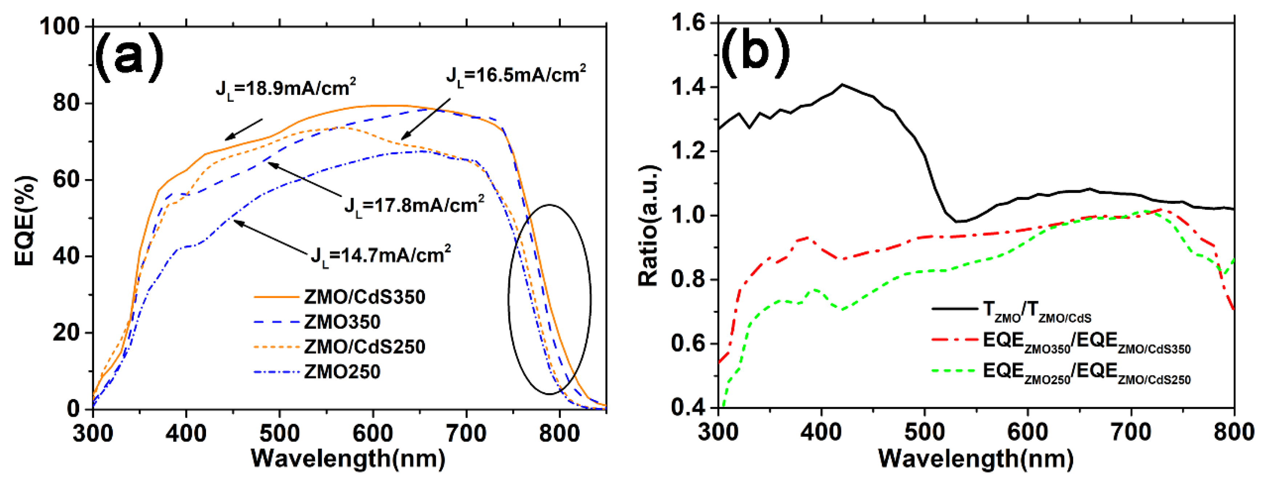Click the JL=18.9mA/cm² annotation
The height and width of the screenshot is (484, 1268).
pos(286,89)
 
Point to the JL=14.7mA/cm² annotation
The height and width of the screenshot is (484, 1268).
pos(380,255)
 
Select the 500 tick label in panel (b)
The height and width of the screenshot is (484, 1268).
pos(924,432)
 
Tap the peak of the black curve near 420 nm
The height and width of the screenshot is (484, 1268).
pos(842,85)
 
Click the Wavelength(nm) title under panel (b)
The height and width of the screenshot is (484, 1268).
pos(976,459)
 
